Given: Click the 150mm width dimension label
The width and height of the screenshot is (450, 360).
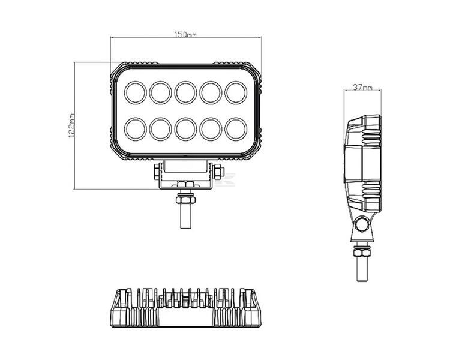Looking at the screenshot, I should pos(185,35).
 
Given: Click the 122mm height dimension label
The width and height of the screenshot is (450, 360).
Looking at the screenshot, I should pos(72,125).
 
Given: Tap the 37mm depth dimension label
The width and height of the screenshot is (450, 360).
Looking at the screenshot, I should pos(362,88).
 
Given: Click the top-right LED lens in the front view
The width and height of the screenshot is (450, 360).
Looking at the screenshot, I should pos(235,92).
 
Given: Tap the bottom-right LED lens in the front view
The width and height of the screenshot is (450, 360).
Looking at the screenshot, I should pos(235,128).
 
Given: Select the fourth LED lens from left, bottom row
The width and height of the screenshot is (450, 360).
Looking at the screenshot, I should pos(210,128).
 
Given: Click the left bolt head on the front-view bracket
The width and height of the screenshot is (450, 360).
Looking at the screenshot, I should pos(157,172).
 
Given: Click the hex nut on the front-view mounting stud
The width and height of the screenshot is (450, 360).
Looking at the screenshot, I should pos(186,197).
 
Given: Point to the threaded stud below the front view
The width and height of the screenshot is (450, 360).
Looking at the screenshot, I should pos(186,216).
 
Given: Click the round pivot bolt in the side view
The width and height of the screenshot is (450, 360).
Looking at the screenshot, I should pos(362,226).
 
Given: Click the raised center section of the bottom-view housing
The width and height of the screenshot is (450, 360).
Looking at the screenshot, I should pos(186,300).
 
